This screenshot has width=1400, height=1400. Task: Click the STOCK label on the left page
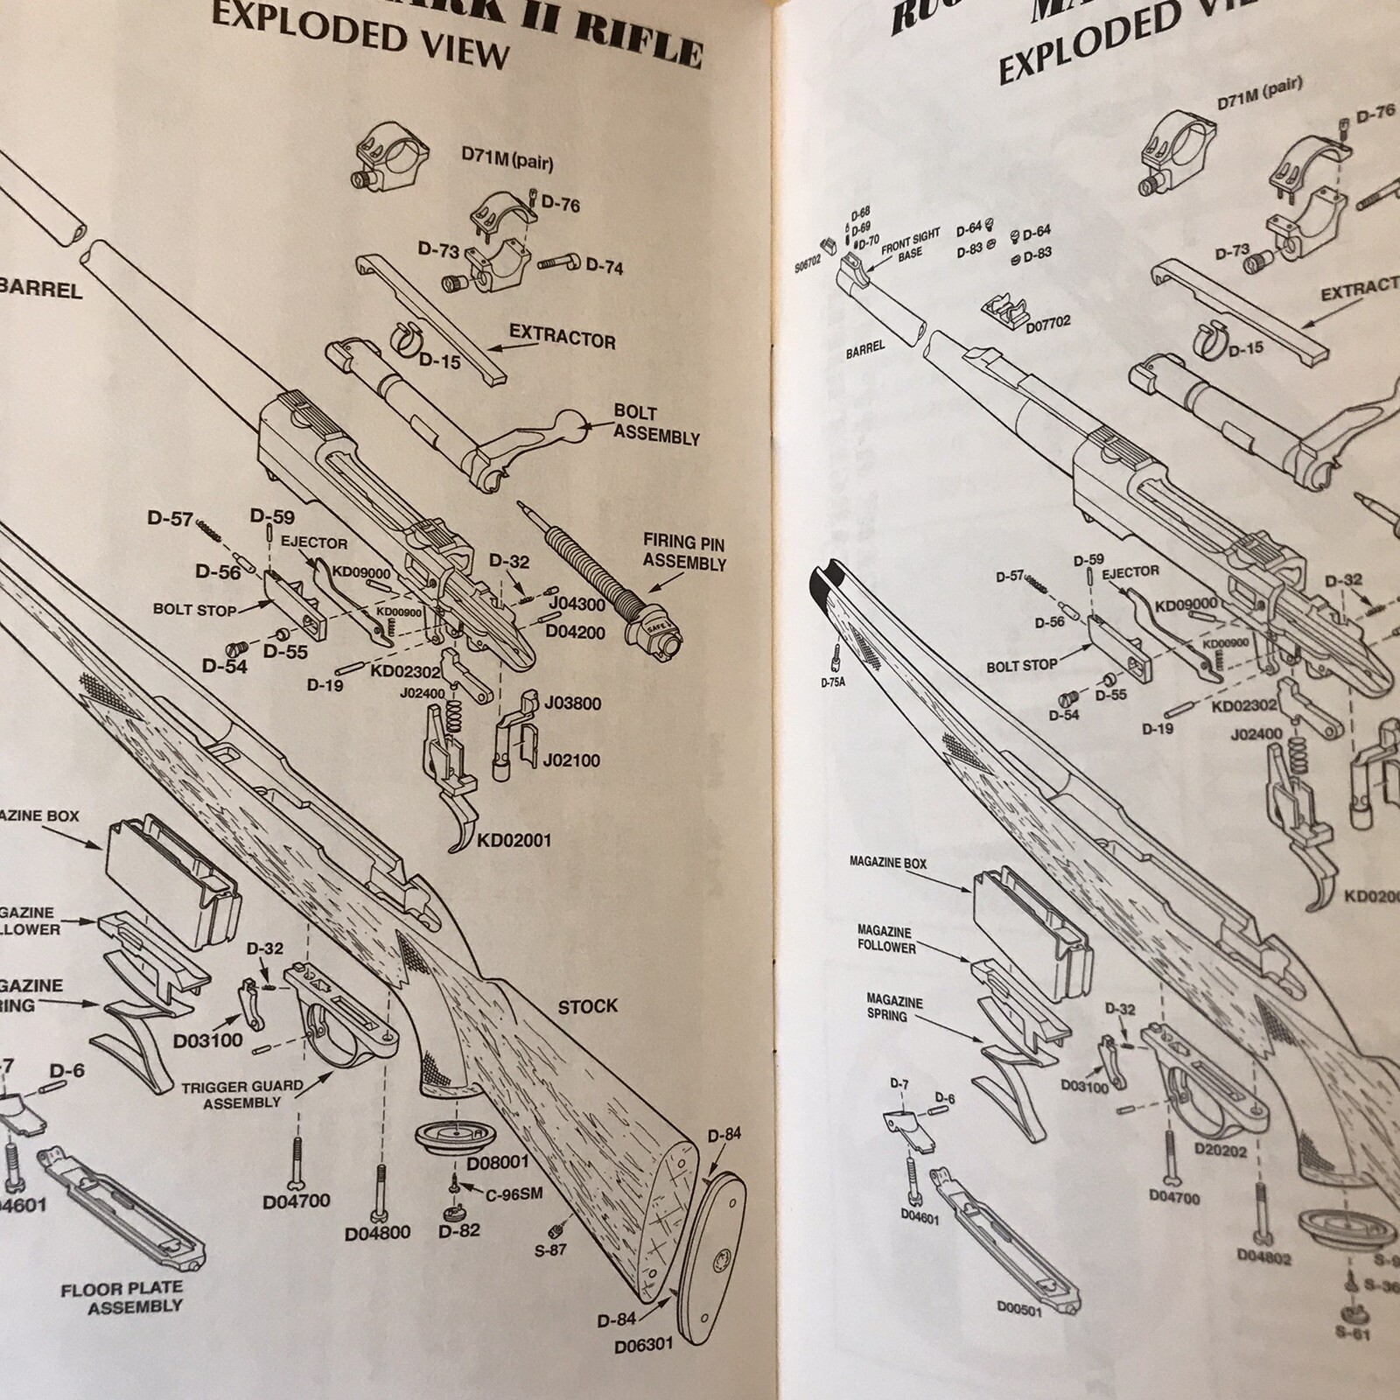click(587, 1007)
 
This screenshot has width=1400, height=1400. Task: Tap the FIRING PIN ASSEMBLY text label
click(684, 553)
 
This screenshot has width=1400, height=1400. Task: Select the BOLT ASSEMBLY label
click(655, 423)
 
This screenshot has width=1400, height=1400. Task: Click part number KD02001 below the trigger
click(514, 841)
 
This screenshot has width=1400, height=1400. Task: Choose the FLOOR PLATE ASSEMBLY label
click(122, 1297)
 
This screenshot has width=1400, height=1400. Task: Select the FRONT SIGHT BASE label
click(910, 244)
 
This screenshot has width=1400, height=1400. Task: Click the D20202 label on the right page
click(1221, 1151)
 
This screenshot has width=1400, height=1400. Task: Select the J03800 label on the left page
click(572, 703)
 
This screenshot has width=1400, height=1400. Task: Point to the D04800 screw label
click(377, 1234)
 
